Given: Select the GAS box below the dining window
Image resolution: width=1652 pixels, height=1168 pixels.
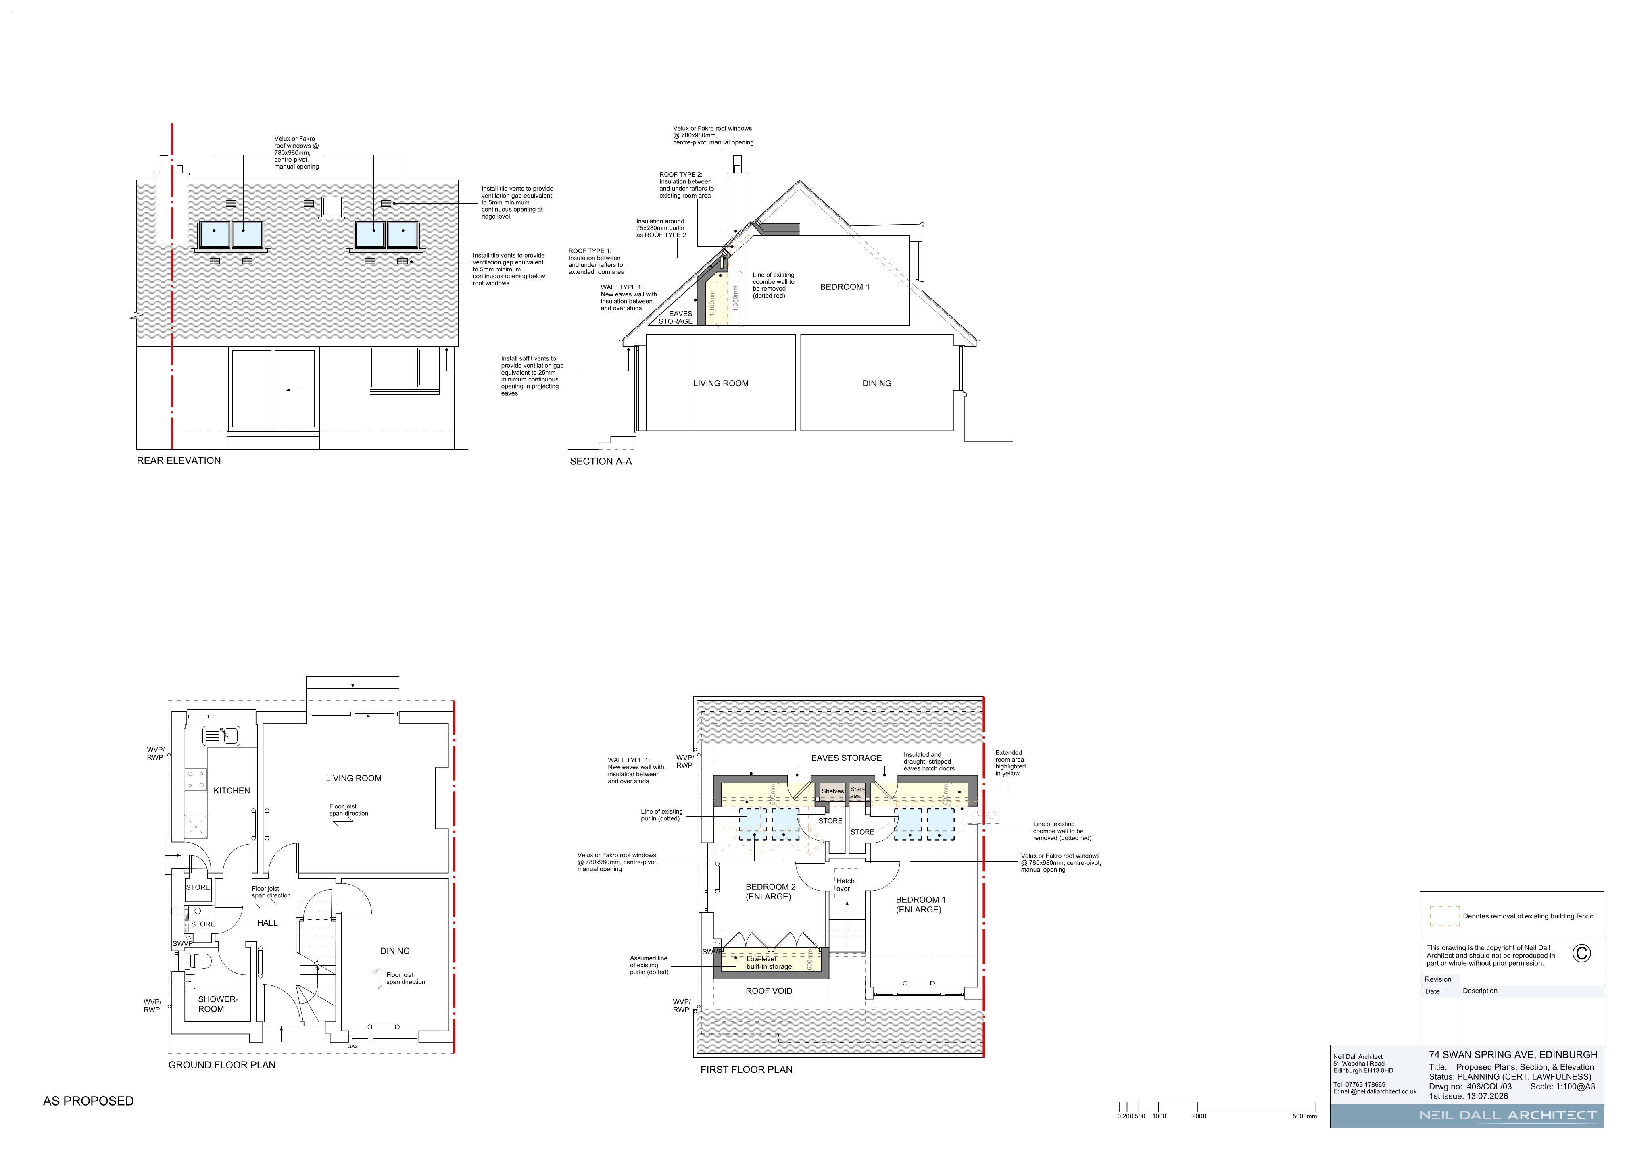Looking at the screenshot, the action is pyautogui.click(x=353, y=1047).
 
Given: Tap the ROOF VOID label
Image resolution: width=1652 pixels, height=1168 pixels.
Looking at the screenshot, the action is pyautogui.click(x=769, y=991).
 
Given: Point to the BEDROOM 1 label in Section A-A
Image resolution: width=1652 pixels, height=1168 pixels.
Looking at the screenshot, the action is pyautogui.click(x=845, y=287).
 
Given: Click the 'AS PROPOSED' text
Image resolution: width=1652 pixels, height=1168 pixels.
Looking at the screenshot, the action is pyautogui.click(x=88, y=1101).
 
